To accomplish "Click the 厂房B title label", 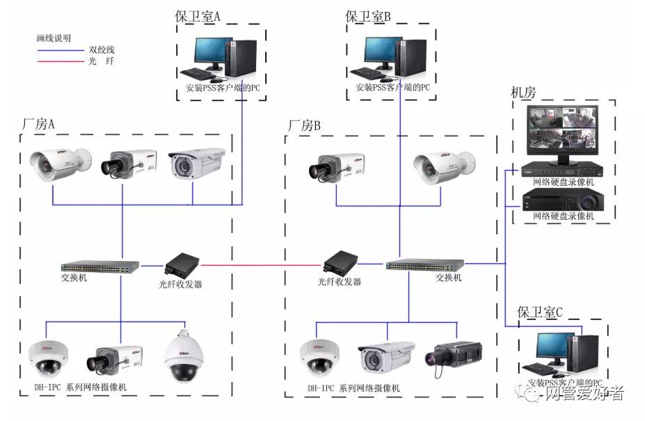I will pyautogui.click(x=304, y=126).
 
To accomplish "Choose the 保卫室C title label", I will pyautogui.click(x=539, y=312).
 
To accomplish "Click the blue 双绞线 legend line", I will pyautogui.click(x=58, y=50).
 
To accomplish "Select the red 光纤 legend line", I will pyautogui.click(x=58, y=62).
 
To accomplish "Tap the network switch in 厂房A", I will pyautogui.click(x=99, y=266).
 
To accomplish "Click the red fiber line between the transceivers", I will pyautogui.click(x=261, y=265).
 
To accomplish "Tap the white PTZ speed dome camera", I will pyautogui.click(x=182, y=356).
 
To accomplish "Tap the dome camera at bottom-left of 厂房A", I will pyautogui.click(x=49, y=358).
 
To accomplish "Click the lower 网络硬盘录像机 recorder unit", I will pyautogui.click(x=564, y=200).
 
